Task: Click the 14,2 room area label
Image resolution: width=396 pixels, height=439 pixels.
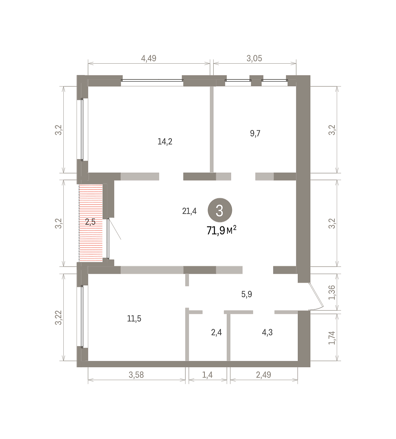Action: [165, 142]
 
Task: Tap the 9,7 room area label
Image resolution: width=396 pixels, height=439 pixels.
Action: [255, 134]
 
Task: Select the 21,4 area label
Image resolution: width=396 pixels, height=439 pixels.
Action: [189, 211]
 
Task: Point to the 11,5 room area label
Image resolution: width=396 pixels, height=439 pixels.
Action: [134, 319]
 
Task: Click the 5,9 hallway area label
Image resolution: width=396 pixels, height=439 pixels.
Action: [247, 294]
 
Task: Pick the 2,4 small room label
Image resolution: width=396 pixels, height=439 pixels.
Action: [216, 333]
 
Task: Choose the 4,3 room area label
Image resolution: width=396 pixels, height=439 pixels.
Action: [267, 333]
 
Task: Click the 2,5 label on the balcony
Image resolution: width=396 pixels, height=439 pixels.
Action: [90, 222]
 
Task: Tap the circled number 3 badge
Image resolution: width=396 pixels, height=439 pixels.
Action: [219, 210]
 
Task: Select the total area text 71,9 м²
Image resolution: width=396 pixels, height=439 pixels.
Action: [221, 230]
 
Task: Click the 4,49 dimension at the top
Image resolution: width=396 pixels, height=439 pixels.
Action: [149, 59]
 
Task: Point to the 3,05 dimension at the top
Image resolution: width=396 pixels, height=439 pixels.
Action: [254, 59]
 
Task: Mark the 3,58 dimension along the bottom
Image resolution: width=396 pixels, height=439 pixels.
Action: [136, 375]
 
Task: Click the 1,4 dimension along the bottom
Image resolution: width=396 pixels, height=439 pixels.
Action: [207, 375]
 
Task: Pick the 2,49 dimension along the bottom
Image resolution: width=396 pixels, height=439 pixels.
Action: [263, 375]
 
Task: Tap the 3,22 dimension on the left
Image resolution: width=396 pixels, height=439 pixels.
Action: [59, 318]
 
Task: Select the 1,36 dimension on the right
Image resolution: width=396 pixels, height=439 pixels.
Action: [332, 292]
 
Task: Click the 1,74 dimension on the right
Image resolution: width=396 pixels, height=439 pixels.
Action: [332, 338]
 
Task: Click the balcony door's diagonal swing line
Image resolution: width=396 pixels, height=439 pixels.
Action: [115, 229]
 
